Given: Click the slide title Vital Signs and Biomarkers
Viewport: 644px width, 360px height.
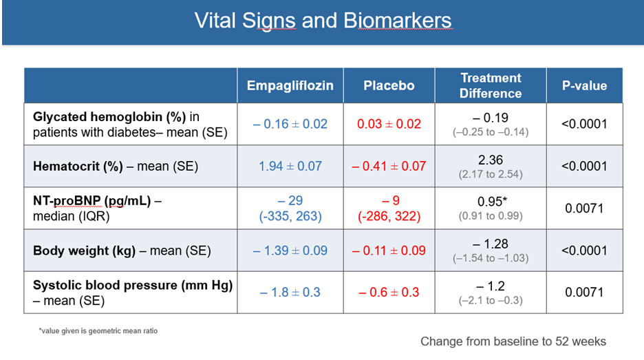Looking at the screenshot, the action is click(323, 21).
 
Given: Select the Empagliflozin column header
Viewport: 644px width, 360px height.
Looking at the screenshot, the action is click(290, 85).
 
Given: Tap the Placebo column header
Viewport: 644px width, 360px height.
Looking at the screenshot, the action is click(389, 85).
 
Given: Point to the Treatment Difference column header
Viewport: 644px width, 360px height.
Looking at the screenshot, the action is click(491, 85).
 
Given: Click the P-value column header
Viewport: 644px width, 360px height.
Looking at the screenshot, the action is click(584, 85).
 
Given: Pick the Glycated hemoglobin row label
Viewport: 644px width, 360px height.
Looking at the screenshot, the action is click(130, 125).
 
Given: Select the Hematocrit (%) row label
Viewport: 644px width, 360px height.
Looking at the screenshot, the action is click(116, 166).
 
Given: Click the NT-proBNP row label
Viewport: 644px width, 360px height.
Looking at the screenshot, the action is click(97, 209).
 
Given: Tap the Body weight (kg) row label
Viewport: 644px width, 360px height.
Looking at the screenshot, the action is click(122, 251).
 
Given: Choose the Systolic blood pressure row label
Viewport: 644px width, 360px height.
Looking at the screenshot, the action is click(133, 293).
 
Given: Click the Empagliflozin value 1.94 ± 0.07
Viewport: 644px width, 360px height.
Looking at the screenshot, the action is click(290, 166).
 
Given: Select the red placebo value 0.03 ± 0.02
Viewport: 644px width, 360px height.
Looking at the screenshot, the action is click(389, 124).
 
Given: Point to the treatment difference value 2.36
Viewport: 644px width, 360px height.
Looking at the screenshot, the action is click(491, 160).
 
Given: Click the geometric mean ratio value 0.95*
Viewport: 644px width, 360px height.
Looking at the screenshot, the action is click(492, 202).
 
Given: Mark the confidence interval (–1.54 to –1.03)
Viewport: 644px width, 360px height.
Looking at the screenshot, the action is click(491, 258).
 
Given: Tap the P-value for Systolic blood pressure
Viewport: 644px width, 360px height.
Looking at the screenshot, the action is click(584, 292).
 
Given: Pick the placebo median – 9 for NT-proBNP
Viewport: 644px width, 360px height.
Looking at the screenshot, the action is click(390, 200).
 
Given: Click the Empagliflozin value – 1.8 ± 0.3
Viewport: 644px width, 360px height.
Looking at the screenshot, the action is click(290, 292).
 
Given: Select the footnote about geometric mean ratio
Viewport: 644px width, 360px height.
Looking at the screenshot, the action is click(98, 331).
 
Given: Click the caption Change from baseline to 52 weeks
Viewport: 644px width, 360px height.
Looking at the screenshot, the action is click(513, 341).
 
